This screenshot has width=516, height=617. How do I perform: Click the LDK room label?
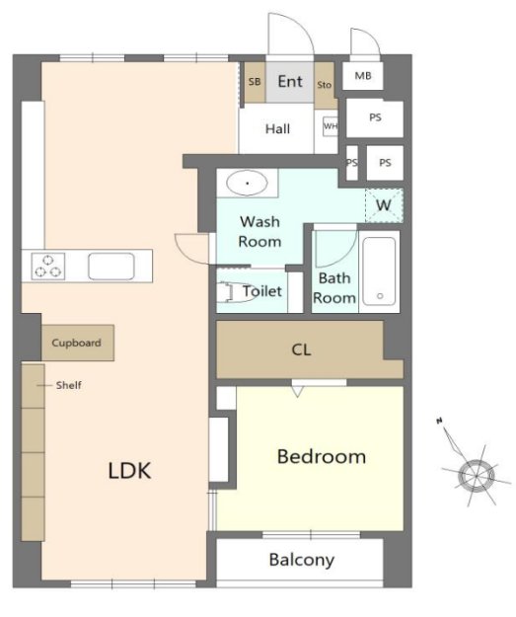pyautogui.click(x=129, y=470)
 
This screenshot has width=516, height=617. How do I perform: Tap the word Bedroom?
pyautogui.click(x=322, y=456)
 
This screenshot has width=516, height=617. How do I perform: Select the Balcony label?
pyautogui.click(x=302, y=560)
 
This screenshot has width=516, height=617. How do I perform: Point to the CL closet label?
pyautogui.click(x=301, y=349)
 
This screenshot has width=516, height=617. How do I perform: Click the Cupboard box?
pyautogui.click(x=78, y=343)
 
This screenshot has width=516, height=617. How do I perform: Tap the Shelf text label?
pyautogui.click(x=69, y=385)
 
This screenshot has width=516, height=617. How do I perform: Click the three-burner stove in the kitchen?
pyautogui.click(x=48, y=267)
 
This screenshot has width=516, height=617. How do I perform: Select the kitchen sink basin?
pyautogui.click(x=111, y=267)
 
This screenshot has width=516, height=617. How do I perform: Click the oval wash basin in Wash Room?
pyautogui.click(x=247, y=183)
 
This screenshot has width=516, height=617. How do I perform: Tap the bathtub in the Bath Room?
pyautogui.click(x=379, y=271)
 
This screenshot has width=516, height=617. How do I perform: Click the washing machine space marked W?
pyautogui.click(x=384, y=205)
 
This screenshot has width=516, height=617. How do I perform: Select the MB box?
pyautogui.click(x=363, y=76)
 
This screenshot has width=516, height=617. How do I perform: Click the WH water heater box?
pyautogui.click(x=331, y=126)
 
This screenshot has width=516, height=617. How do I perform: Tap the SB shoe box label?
pyautogui.click(x=255, y=82)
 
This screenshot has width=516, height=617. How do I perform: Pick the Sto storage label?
pyautogui.click(x=324, y=85)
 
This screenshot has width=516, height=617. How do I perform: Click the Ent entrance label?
pyautogui.click(x=290, y=82)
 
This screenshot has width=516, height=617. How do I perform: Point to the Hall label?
pyautogui.click(x=277, y=128)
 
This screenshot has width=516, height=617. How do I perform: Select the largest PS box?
pyautogui.click(x=375, y=117)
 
